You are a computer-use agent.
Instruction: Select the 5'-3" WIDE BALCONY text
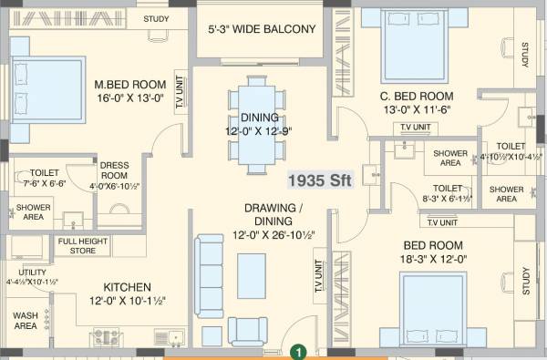click(x=262, y=29)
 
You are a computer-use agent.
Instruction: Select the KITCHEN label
click(x=127, y=285)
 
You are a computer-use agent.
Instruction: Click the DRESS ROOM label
click(x=114, y=170)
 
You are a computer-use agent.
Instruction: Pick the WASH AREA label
click(x=25, y=320)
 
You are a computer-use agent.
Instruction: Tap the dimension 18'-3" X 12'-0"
click(x=433, y=259)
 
